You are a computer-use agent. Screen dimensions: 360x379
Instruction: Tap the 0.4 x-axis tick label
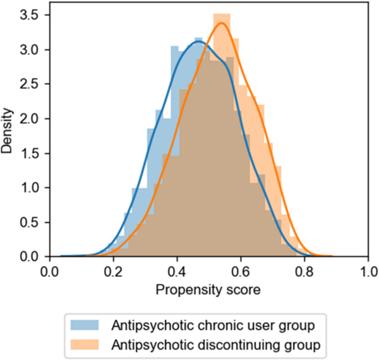click(x=177, y=272)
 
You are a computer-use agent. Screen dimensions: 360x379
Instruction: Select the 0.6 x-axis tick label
click(x=241, y=272)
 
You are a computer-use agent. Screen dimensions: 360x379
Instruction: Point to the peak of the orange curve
click(x=221, y=23)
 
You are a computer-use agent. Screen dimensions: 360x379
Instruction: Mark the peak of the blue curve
click(x=199, y=42)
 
